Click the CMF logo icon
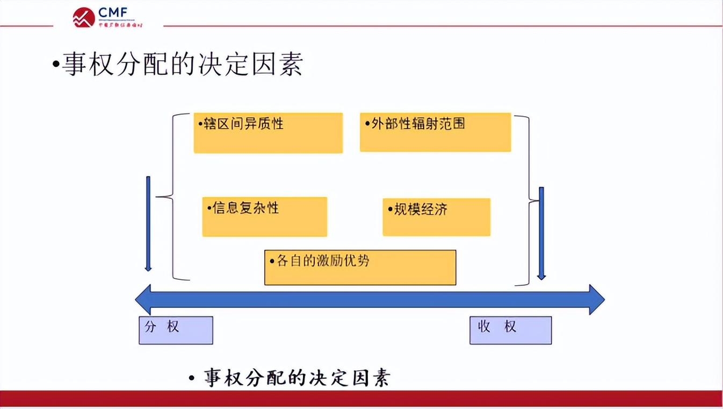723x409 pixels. pos(84,17)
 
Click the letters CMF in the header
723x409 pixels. pos(114,13)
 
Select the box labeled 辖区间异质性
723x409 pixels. pos(268,133)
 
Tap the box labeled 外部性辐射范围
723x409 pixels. pos(435,132)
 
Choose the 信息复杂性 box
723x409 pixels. pos(264,216)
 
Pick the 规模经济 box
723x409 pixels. pos(436,217)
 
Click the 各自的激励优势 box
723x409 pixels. pos(360,267)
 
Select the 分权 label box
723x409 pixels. pos(176,330)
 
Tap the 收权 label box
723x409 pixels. pos(510,330)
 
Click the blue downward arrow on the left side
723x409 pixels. pos(148,223)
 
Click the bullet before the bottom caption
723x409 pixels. pos(192,378)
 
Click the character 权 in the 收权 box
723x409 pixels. pos(510,327)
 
